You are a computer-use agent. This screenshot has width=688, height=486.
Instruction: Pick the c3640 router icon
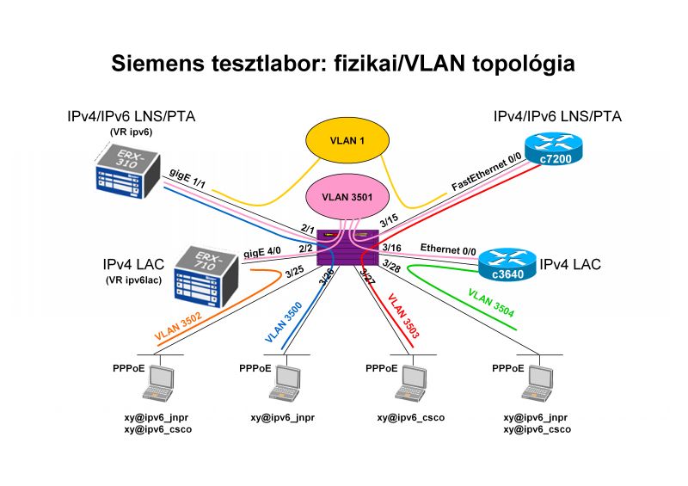507,262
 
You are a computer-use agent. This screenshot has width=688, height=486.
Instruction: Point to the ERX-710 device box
204,274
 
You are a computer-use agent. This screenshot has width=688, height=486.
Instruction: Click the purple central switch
347,248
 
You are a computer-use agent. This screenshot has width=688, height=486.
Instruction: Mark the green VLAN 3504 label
491,304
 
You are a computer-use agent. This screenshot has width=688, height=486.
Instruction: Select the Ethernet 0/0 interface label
447,249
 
